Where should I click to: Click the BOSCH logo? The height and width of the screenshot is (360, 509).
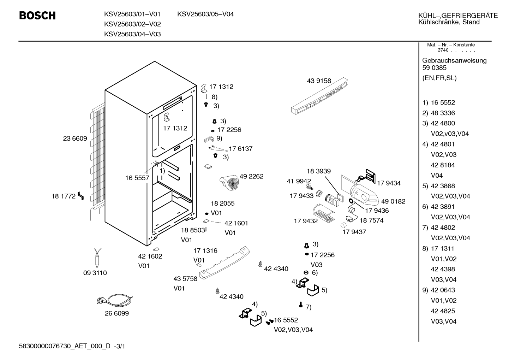tap(37, 16)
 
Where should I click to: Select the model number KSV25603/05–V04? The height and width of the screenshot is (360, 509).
tap(205, 14)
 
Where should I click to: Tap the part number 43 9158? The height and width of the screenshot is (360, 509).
tap(319, 81)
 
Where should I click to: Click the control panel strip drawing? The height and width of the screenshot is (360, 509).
tap(319, 96)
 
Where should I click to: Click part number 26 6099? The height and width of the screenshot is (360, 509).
tap(116, 313)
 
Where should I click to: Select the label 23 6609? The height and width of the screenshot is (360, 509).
tap(75, 138)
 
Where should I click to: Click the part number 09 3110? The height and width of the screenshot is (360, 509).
tap(95, 273)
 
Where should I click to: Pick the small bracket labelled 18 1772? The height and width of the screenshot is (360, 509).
tap(81, 196)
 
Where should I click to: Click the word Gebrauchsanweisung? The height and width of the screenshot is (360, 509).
tap(454, 61)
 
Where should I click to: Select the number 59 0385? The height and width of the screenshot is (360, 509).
tap(434, 68)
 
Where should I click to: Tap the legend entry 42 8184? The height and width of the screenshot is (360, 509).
tap(443, 165)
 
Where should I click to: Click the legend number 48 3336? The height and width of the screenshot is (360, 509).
tap(443, 113)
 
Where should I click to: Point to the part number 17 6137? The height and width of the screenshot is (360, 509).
tap(241, 149)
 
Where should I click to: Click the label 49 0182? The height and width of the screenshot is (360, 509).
tap(393, 201)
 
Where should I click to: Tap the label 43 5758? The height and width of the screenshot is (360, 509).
tap(185, 279)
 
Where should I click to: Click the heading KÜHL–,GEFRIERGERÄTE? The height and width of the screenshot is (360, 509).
tap(458, 16)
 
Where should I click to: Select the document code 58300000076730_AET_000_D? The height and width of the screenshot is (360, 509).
tap(65, 346)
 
